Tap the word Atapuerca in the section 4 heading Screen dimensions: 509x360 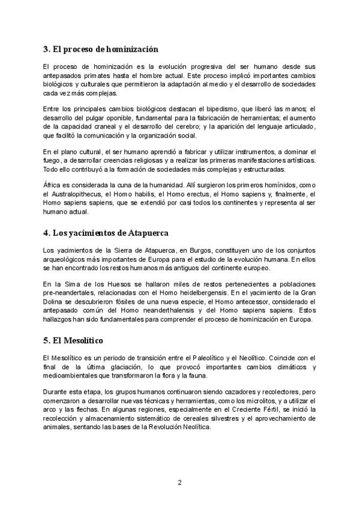[143, 232]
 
